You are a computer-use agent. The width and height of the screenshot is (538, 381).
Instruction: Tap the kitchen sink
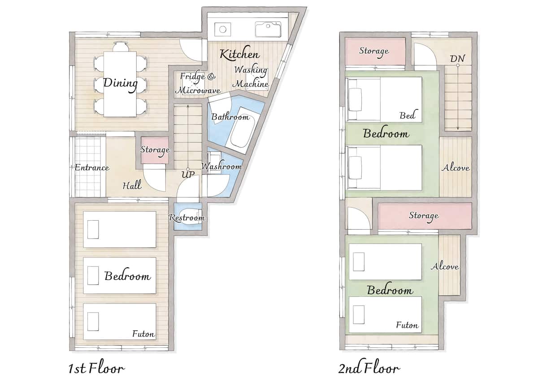click(268, 29)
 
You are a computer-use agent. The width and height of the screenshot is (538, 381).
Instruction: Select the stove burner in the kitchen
click(223, 30)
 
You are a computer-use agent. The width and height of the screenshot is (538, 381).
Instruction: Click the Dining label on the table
click(120, 84)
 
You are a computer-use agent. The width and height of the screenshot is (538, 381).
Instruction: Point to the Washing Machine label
click(251, 77)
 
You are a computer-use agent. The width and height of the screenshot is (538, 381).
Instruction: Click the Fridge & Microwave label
click(198, 83)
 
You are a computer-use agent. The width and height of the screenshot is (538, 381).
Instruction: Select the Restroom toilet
click(191, 217)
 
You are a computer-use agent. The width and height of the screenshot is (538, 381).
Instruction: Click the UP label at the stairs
click(188, 174)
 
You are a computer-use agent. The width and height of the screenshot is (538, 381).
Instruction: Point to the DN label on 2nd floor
click(457, 59)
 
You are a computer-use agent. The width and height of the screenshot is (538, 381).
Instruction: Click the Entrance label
click(92, 167)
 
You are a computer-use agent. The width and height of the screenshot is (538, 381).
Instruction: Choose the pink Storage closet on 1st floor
click(155, 150)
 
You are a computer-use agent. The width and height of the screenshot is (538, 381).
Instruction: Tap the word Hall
click(132, 185)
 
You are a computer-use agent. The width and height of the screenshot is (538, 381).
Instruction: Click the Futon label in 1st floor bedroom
click(143, 334)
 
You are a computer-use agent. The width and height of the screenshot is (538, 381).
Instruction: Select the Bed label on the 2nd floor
click(408, 116)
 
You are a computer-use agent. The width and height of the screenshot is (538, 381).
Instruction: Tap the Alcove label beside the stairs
click(456, 167)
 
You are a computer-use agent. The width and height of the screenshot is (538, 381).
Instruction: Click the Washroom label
click(221, 166)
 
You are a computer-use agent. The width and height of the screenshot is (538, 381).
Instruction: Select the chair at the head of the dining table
click(120, 47)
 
